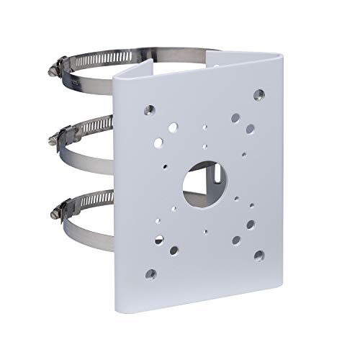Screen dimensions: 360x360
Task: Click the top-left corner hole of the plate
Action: click(x=150, y=109)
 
